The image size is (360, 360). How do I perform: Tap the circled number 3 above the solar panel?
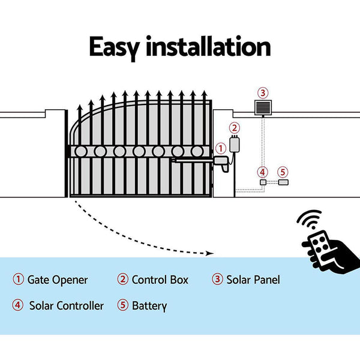coord(262,92)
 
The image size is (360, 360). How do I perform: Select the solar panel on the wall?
coord(262,108)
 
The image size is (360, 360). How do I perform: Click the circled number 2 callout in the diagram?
coord(235,127)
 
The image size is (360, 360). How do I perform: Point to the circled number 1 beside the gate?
coord(220,147)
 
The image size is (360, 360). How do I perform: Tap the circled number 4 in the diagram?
coord(262,172)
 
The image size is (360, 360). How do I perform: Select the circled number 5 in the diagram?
coord(283,172)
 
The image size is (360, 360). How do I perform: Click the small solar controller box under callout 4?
coord(262,182)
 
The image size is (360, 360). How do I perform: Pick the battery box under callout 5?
coord(283,182)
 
